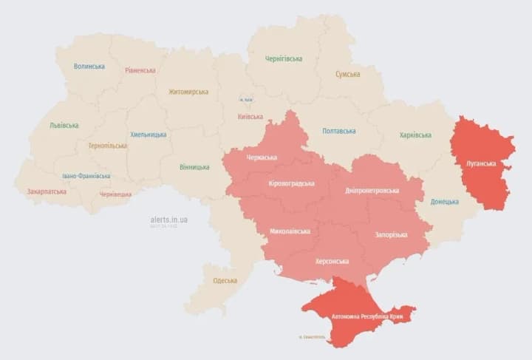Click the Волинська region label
click(x=89, y=67)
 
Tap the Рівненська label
click(x=140, y=70)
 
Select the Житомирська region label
click(x=188, y=92)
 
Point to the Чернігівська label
click(x=284, y=58)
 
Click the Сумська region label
click(x=347, y=75)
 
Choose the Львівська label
click(x=64, y=126)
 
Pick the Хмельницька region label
click(x=148, y=135)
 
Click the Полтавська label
click(x=338, y=132)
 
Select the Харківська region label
click(x=415, y=135)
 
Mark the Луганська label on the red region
click(x=481, y=163)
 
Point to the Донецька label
click(x=444, y=201)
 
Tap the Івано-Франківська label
click(x=86, y=176)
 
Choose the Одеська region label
click(x=225, y=281)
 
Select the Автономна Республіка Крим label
click(x=365, y=316)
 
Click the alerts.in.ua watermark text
click(x=168, y=220)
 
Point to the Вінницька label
click(x=194, y=167)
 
